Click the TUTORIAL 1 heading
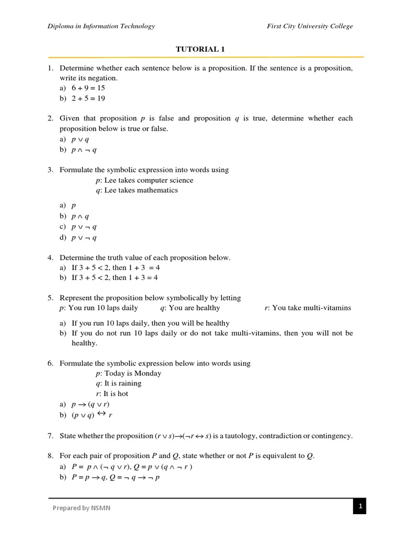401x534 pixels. tap(200, 49)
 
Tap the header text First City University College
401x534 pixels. tap(310, 26)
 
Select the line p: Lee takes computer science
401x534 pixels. tap(144, 180)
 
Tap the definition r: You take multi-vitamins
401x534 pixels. tap(308, 308)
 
